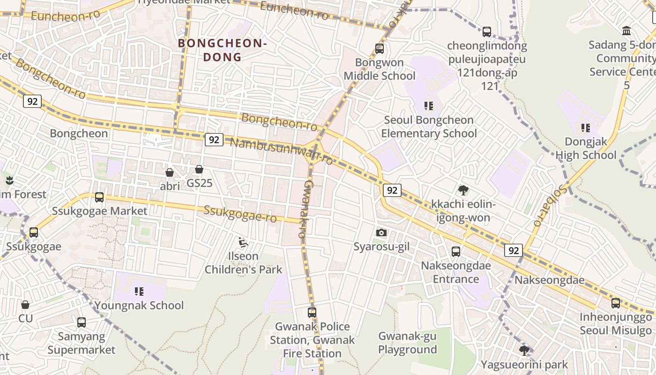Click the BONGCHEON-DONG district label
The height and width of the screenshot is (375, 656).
coord(223,50)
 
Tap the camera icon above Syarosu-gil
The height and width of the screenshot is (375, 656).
coord(381,232)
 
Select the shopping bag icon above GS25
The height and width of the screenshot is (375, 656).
coord(199,169)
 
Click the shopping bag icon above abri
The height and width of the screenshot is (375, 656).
coord(170,172)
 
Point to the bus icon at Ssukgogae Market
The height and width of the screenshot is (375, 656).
coord(99,197)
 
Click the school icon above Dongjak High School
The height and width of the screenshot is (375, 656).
coord(585,127)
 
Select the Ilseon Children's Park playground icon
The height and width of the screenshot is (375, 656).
coord(243,242)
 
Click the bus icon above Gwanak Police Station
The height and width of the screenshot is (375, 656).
coord(312,312)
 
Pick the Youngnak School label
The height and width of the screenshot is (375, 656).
coord(139,306)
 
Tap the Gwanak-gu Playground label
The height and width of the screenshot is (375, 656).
coord(407,343)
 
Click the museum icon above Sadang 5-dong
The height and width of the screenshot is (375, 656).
coord(626,31)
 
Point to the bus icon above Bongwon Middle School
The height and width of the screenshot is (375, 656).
coord(380,48)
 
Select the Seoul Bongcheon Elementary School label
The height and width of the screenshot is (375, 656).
coord(429,127)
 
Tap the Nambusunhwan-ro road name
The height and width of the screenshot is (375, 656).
coord(282,151)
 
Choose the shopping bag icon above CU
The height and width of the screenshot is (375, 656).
coord(25,305)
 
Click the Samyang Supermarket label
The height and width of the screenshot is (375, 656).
coord(81,343)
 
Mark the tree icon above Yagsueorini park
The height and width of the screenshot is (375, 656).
coord(524,351)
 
